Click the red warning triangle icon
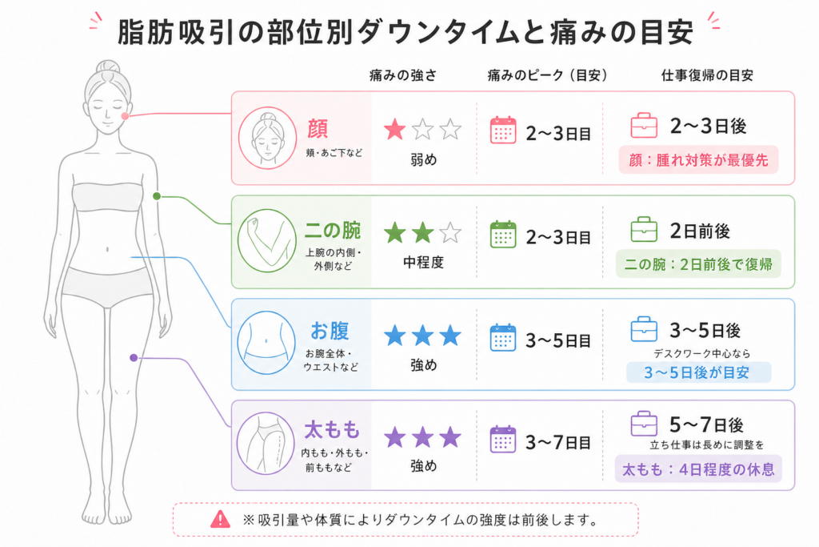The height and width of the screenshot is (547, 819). click(x=221, y=519)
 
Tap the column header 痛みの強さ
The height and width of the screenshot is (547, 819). click(x=403, y=75)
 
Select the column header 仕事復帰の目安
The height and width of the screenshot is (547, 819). click(x=707, y=75)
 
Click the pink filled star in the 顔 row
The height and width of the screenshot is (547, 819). click(x=395, y=129)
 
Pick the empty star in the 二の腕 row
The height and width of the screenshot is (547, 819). click(x=450, y=233)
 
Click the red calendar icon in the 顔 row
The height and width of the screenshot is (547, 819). click(x=503, y=131)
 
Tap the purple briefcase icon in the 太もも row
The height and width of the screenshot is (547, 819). click(x=644, y=424)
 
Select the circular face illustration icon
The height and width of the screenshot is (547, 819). click(x=267, y=138)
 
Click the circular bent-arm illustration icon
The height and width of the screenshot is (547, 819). click(x=267, y=240)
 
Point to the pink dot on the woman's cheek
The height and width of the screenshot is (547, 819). click(x=125, y=115)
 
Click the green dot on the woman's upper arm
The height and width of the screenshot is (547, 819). click(x=157, y=196)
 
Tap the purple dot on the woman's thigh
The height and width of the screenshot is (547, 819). click(x=134, y=358)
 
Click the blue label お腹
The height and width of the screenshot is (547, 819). click(x=330, y=331)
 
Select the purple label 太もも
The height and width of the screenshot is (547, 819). click(x=332, y=430)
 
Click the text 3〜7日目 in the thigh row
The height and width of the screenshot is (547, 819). click(x=558, y=442)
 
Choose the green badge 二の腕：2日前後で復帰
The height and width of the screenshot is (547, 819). click(x=698, y=264)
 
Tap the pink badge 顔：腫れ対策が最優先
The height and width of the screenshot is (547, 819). click(x=698, y=160)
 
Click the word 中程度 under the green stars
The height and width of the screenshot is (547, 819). click(x=423, y=263)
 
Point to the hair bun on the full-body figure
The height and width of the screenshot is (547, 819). click(x=108, y=67)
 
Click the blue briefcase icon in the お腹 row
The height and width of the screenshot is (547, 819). click(x=644, y=329)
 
